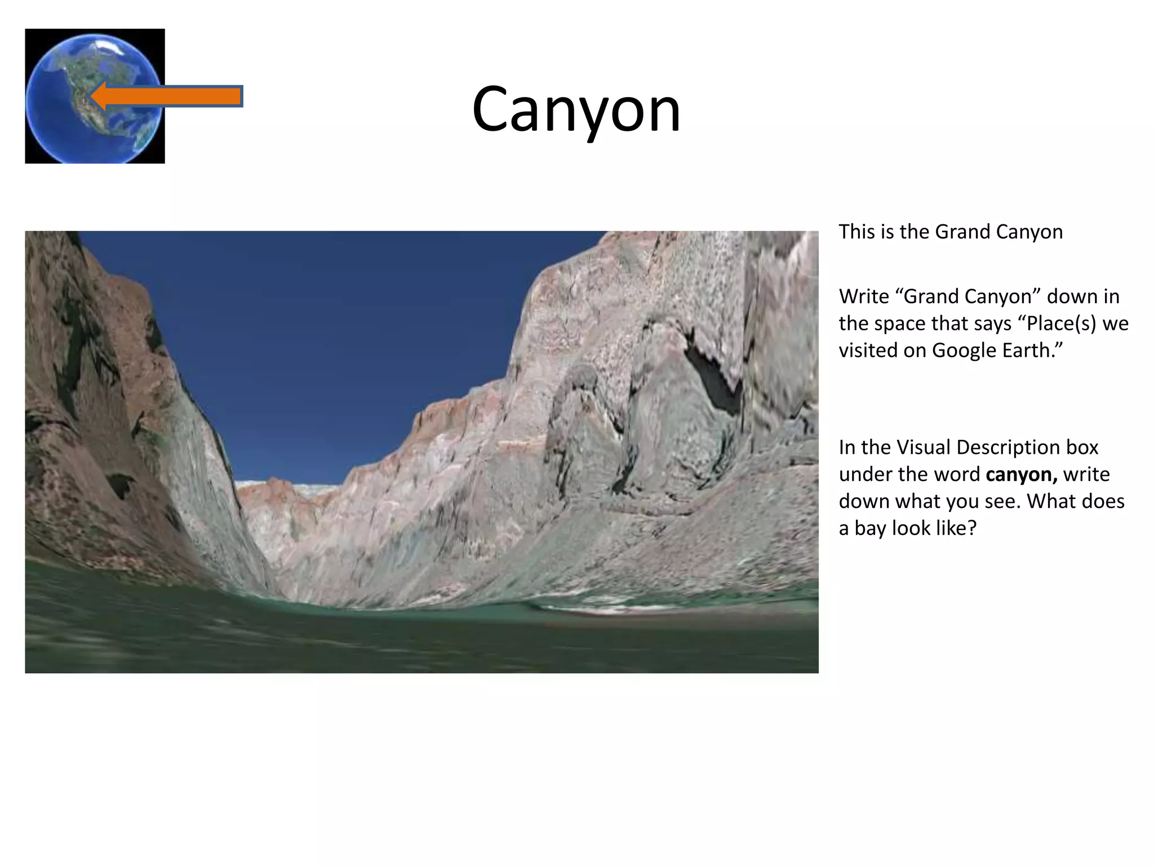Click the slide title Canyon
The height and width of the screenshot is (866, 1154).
point(576,109)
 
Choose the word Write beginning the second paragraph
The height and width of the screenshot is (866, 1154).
point(863,297)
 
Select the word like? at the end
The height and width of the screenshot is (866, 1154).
point(954,529)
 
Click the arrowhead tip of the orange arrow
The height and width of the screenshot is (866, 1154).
point(93,96)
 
